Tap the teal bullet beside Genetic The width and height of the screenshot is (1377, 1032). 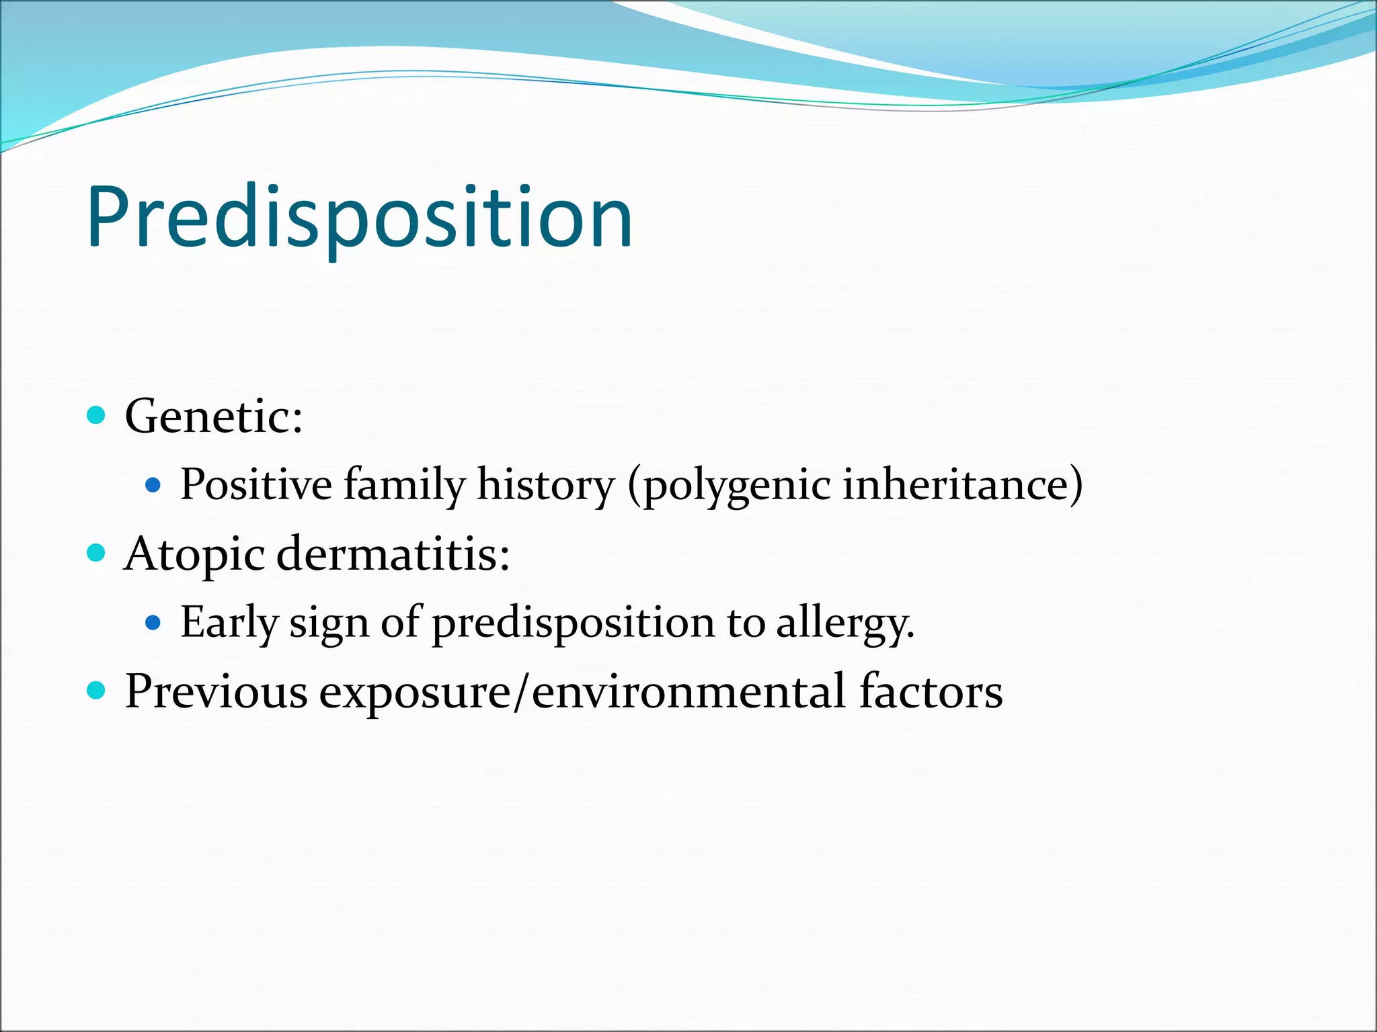click(x=97, y=415)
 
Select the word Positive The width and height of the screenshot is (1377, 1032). click(x=256, y=484)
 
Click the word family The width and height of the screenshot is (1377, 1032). click(x=404, y=484)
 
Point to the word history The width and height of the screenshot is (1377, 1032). click(x=545, y=484)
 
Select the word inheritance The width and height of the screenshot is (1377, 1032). click(x=961, y=484)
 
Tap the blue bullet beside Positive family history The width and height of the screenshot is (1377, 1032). click(x=153, y=484)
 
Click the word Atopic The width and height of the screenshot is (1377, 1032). click(x=195, y=555)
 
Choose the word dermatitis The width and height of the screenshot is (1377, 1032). click(x=393, y=555)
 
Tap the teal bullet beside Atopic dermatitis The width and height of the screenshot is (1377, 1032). click(x=97, y=553)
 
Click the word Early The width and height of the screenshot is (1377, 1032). click(x=229, y=623)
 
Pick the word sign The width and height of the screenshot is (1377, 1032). click(x=329, y=623)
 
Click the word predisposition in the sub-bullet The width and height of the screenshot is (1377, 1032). click(x=573, y=623)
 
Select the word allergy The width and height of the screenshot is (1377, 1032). click(x=844, y=623)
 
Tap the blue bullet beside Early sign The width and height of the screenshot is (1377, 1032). click(x=153, y=623)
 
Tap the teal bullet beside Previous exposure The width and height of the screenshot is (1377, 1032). click(x=97, y=690)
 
